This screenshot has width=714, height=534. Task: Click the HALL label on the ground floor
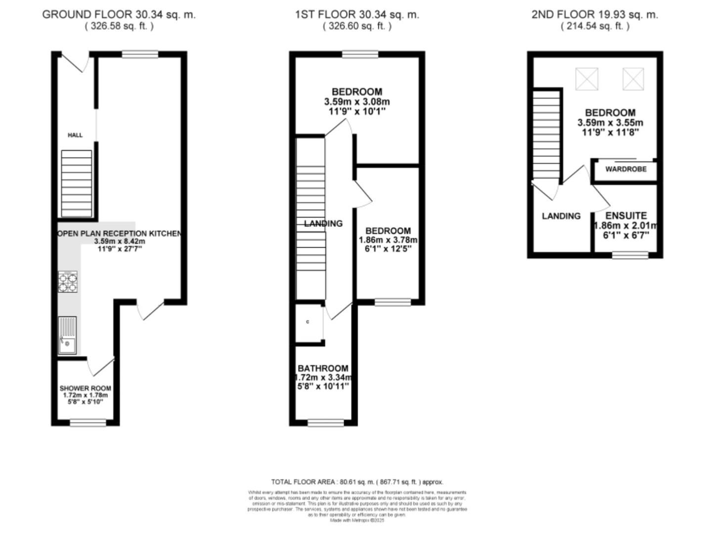pyautogui.click(x=75, y=135)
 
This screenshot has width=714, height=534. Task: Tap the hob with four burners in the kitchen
pyautogui.click(x=68, y=281)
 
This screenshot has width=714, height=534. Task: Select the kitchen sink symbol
pyautogui.click(x=67, y=335)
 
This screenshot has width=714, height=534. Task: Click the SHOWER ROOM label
pyautogui.click(x=85, y=388)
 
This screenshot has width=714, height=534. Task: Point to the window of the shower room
pyautogui.click(x=88, y=422)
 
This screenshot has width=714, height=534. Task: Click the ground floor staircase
pyautogui.click(x=76, y=183)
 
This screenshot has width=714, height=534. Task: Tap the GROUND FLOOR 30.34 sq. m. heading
pyautogui.click(x=119, y=14)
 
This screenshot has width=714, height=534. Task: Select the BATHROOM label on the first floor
pyautogui.click(x=323, y=368)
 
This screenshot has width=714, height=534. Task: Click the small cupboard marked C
pyautogui.click(x=308, y=322)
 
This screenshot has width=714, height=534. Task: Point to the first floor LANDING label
pyautogui.click(x=323, y=223)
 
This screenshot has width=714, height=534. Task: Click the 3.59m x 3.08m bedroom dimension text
pyautogui.click(x=357, y=102)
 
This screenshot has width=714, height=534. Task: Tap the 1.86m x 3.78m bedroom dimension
pyautogui.click(x=388, y=240)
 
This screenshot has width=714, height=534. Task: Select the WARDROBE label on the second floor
pyautogui.click(x=625, y=169)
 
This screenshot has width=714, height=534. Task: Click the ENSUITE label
pyautogui.click(x=626, y=216)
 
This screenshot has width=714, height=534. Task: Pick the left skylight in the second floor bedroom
pyautogui.click(x=586, y=79)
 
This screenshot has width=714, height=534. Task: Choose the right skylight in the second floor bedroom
pyautogui.click(x=633, y=79)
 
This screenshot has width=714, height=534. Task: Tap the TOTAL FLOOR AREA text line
pyautogui.click(x=357, y=482)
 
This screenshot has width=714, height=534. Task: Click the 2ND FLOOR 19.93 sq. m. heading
pyautogui.click(x=595, y=14)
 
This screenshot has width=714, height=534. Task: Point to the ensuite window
pyautogui.click(x=630, y=255)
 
